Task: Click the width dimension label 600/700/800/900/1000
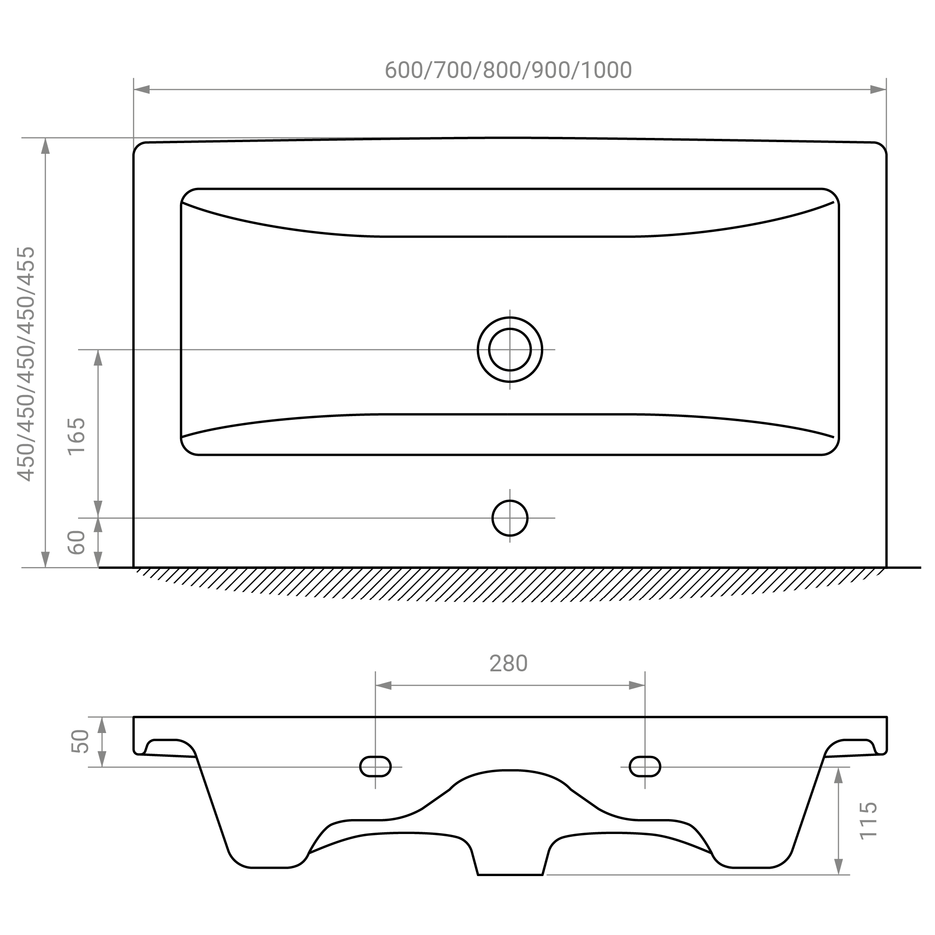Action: tap(508, 71)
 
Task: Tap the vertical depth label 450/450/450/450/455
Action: tap(26, 364)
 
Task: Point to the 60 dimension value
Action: tap(77, 542)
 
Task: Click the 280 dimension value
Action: tap(508, 663)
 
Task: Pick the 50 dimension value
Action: tap(80, 741)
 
